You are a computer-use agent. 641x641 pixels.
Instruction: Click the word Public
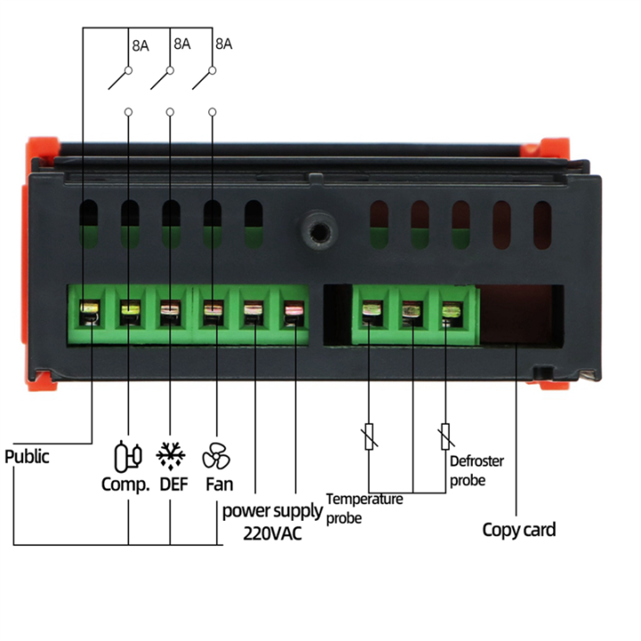coord(28,457)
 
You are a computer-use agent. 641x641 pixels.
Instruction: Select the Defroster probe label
coord(476,470)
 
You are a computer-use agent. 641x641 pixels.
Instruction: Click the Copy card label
coord(519,530)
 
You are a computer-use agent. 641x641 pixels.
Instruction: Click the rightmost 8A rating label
coord(223,43)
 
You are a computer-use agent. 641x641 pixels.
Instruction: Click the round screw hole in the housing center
coord(312,229)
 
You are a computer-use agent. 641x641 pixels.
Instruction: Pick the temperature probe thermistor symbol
coord(367,437)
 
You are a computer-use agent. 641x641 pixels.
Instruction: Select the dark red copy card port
coord(521,315)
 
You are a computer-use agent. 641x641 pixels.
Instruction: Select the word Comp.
coord(124,485)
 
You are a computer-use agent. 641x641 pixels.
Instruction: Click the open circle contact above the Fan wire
coord(212,112)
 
